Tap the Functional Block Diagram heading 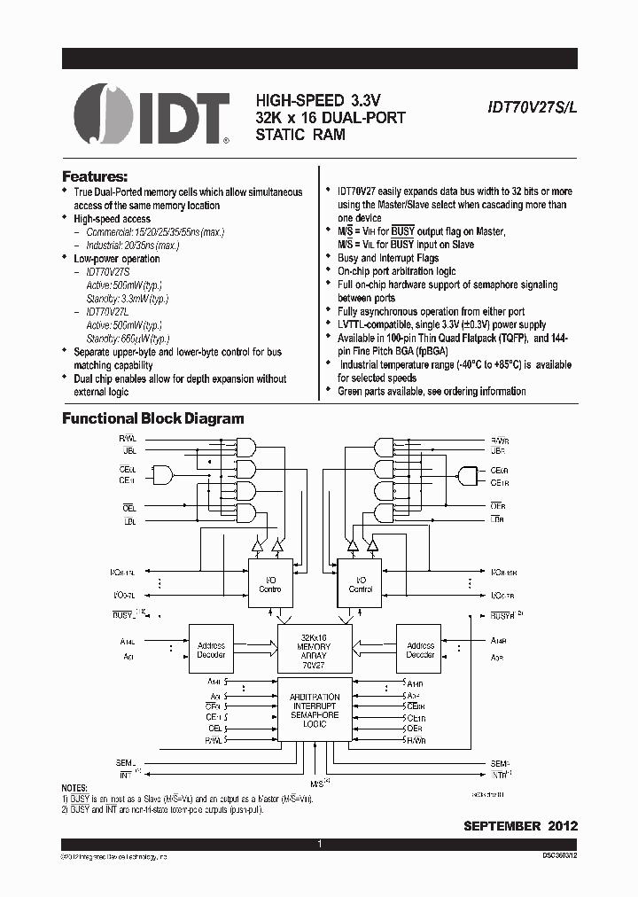click(152, 418)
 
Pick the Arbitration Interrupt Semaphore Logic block click(315, 710)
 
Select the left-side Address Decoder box click(211, 651)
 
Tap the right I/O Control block click(360, 583)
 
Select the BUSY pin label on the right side click(502, 614)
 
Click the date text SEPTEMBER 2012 click(520, 825)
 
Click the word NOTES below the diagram click(74, 788)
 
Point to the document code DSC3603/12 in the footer click(559, 857)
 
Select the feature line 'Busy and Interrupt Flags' click(388, 258)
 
